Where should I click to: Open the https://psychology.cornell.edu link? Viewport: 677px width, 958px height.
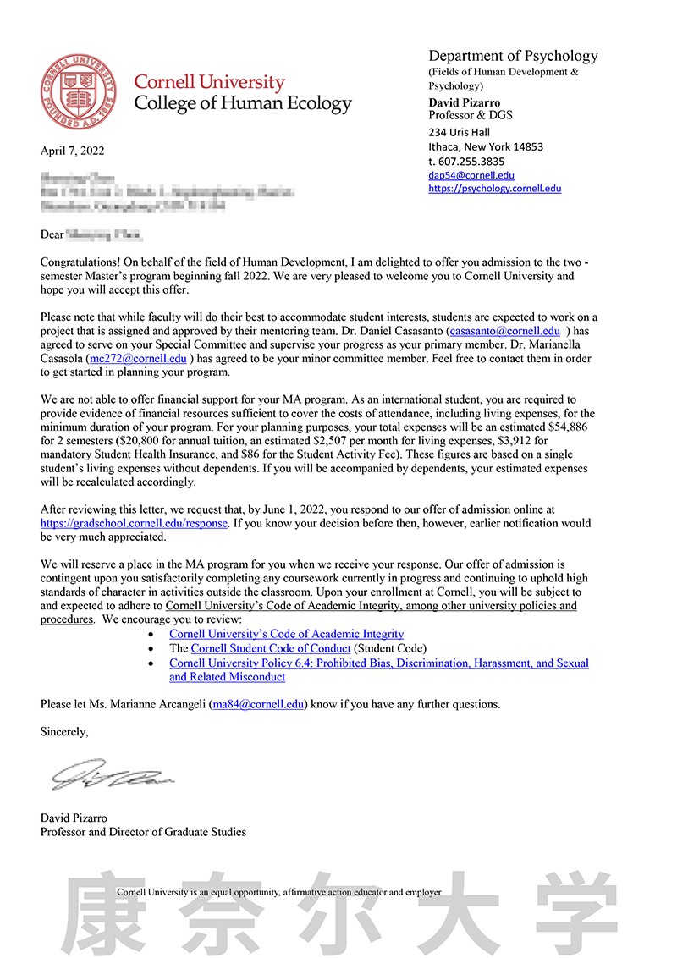pos(495,189)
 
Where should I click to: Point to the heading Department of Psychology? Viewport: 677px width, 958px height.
pos(513,56)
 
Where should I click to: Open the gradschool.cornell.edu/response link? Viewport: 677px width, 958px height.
pos(135,523)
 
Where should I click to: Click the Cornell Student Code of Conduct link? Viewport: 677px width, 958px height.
pos(271,648)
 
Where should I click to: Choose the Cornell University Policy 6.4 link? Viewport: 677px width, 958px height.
pos(378,663)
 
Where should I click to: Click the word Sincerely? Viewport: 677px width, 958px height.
pos(64,731)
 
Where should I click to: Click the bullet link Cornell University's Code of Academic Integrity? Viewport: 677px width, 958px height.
pos(286,633)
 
